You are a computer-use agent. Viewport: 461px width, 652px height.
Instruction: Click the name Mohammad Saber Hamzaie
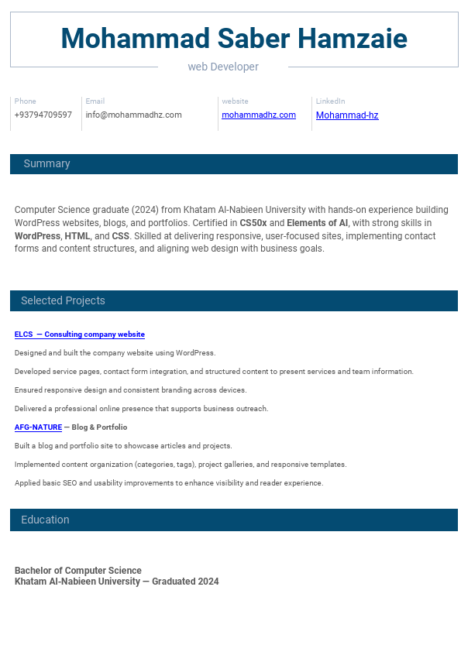coord(234,39)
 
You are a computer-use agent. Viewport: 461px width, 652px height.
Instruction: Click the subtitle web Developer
coord(223,67)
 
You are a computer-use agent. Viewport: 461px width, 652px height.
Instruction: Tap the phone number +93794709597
coord(43,115)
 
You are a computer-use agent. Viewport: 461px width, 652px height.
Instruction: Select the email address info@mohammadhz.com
coord(133,115)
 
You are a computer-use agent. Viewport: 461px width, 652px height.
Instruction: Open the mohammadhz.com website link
coord(259,115)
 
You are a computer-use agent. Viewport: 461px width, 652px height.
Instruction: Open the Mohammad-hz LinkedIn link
coord(347,115)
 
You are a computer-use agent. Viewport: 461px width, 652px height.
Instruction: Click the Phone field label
coord(25,101)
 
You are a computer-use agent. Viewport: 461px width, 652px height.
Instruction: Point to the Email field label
coord(95,101)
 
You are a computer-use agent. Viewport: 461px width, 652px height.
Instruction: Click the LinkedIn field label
coord(330,101)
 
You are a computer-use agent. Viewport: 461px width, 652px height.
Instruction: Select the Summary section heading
coord(46,164)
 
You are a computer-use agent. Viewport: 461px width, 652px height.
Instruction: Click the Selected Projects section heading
coord(63,300)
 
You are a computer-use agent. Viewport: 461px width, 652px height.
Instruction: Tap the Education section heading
coord(45,520)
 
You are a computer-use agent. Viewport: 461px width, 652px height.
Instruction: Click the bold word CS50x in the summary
coord(253,223)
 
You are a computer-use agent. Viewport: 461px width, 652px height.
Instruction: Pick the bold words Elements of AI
coord(318,223)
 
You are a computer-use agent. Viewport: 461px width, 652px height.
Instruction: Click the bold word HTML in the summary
coord(77,236)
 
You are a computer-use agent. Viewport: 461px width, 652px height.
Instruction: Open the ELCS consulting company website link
coord(79,335)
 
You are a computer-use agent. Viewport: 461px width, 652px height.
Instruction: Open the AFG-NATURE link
coord(38,427)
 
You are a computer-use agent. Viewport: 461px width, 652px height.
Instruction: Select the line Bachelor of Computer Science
coord(77,571)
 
